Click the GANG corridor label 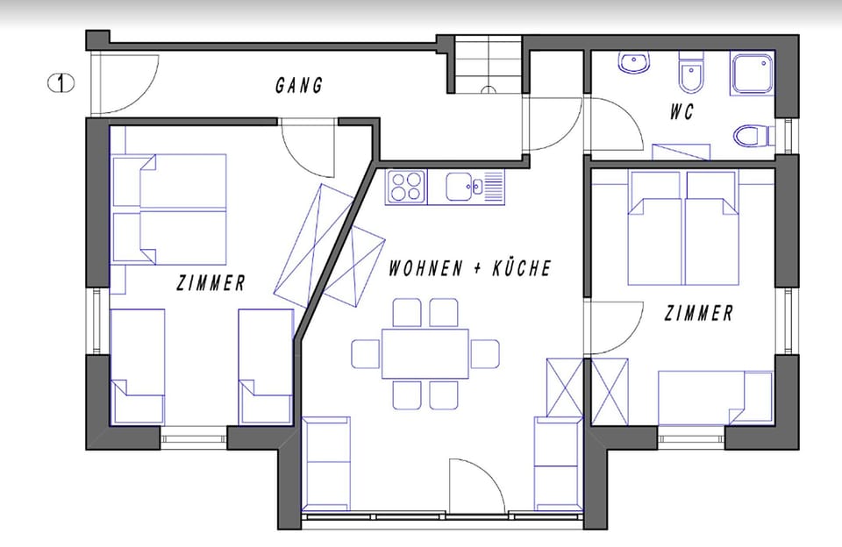pyautogui.click(x=299, y=85)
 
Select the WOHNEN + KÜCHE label pyautogui.click(x=470, y=268)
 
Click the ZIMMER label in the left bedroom pyautogui.click(x=210, y=283)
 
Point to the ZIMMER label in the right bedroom pyautogui.click(x=698, y=313)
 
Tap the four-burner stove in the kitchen pyautogui.click(x=406, y=186)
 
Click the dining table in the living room pyautogui.click(x=425, y=353)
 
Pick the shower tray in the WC pyautogui.click(x=753, y=73)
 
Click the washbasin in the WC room pyautogui.click(x=632, y=63)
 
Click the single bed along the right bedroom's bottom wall pyautogui.click(x=714, y=398)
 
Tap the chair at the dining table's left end pyautogui.click(x=366, y=353)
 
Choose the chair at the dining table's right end pyautogui.click(x=484, y=353)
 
